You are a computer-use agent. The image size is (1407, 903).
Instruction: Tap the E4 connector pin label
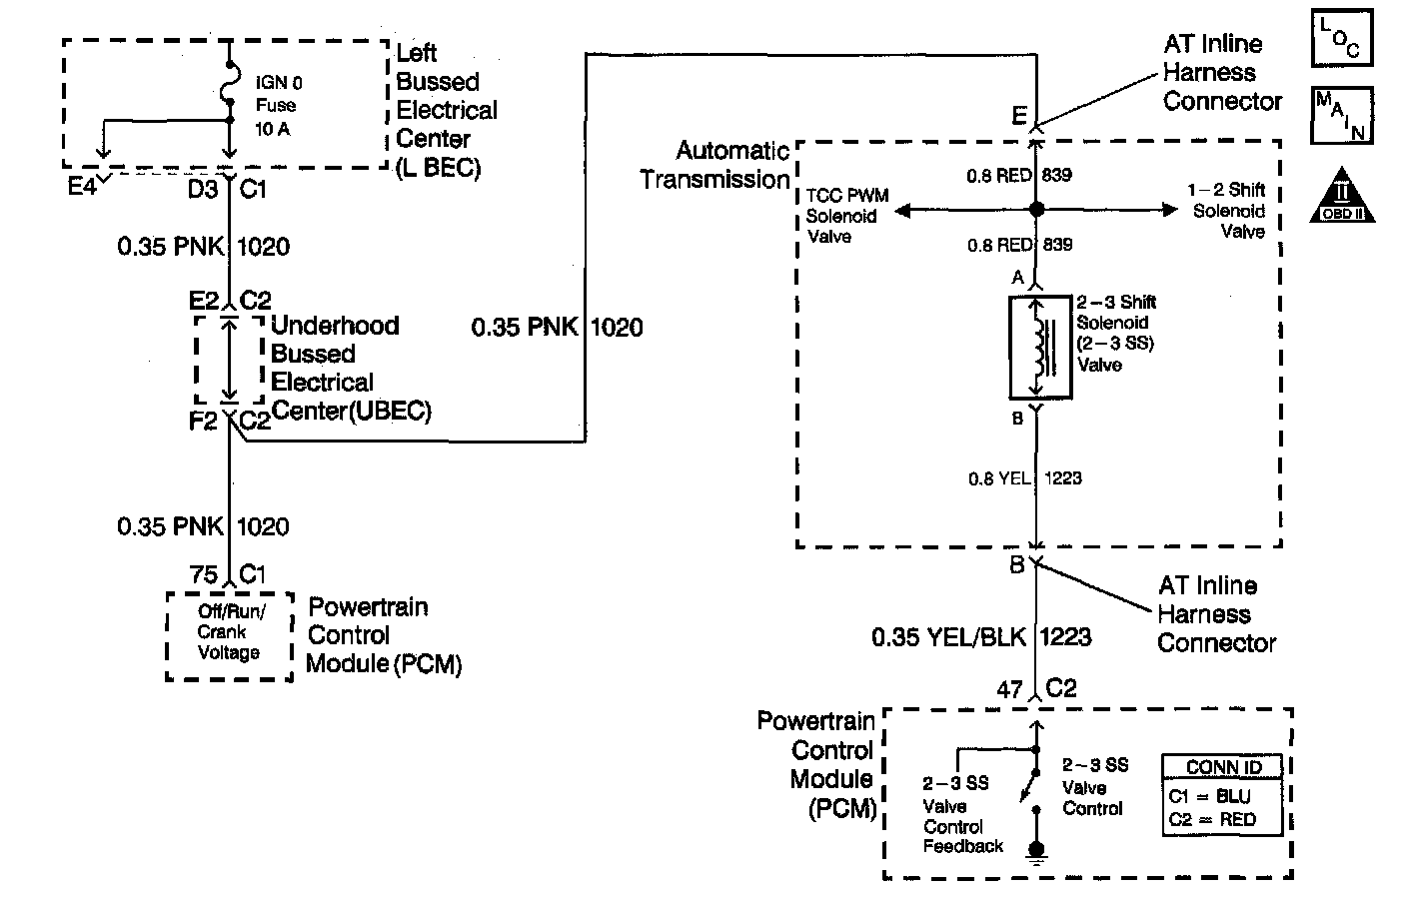(x=83, y=187)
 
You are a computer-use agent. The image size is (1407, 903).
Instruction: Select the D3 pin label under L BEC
(x=203, y=188)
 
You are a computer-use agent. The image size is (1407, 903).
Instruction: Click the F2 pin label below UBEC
(x=203, y=422)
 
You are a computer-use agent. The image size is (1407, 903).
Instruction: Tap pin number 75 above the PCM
(x=204, y=574)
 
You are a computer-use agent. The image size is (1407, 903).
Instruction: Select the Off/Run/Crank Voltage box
(x=229, y=636)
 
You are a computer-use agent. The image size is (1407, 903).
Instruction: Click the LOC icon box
(x=1341, y=38)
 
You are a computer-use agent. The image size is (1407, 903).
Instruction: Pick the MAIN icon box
(x=1341, y=115)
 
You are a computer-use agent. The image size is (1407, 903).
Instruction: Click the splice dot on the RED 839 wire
(x=1036, y=210)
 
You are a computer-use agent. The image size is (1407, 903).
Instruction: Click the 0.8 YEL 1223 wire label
(x=1024, y=478)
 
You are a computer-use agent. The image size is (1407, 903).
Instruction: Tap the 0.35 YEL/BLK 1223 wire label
(x=980, y=636)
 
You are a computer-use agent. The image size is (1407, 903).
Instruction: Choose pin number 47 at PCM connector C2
(x=1009, y=689)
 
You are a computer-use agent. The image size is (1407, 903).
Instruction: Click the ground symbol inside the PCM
(x=1036, y=851)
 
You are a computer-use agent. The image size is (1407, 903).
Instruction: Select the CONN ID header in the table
(x=1223, y=767)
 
